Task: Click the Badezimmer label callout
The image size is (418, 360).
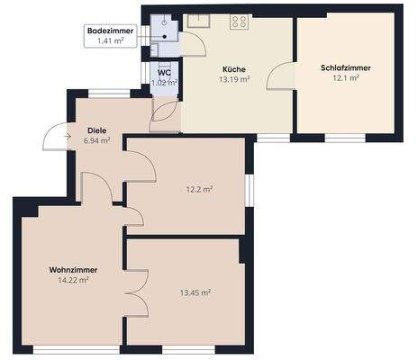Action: point(110,36)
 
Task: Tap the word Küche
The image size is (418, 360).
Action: point(235,69)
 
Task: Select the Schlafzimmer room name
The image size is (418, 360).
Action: point(345,67)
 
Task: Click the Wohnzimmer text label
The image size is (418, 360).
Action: point(73,270)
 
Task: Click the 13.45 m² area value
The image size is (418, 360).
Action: point(195,292)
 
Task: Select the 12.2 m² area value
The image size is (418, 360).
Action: point(199,189)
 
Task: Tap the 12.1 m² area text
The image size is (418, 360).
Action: point(346,78)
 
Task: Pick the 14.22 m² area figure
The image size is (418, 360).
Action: point(73,281)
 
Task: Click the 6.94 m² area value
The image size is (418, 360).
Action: point(96,141)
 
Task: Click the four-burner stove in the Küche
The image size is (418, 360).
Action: point(240,22)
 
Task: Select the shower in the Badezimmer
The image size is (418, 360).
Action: point(160,25)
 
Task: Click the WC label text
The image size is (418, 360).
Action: point(164,74)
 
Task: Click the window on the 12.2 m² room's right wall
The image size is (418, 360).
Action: point(251,189)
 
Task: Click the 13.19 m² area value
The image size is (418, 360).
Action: point(235,79)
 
